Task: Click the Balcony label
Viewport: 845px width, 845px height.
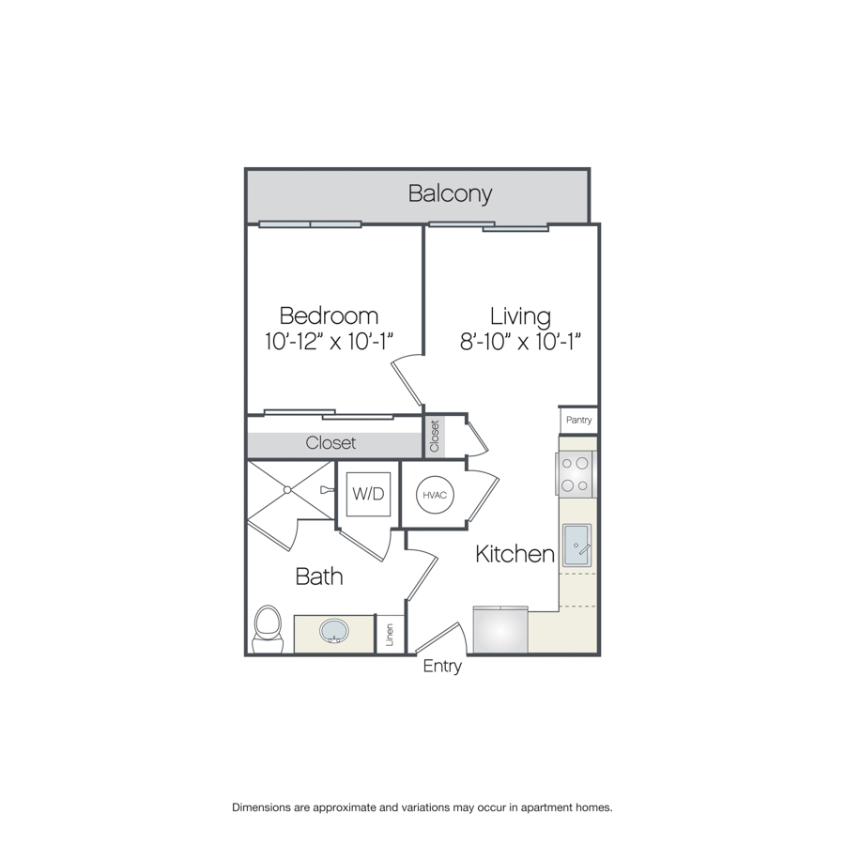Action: [x=450, y=193]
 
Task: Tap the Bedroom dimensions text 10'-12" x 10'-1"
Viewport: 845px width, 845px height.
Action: [x=329, y=341]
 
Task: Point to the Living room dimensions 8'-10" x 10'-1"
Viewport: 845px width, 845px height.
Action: [x=520, y=341]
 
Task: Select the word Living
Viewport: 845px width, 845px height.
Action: [x=520, y=316]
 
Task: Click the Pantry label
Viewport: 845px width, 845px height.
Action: [x=578, y=420]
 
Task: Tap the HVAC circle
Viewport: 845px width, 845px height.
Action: [x=435, y=495]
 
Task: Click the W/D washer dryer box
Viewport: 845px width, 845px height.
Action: [x=369, y=494]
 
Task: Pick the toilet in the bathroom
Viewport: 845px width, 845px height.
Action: [x=268, y=629]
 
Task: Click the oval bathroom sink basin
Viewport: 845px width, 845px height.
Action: [x=334, y=631]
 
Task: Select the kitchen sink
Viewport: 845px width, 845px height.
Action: [x=576, y=545]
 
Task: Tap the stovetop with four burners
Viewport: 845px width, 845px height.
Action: [x=575, y=474]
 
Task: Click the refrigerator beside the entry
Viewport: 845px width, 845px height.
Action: [x=500, y=629]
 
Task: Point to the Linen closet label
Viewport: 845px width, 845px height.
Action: [x=390, y=635]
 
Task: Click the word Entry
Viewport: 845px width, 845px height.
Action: [x=442, y=667]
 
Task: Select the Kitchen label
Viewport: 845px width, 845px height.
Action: [x=515, y=554]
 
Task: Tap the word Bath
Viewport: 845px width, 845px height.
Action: [x=319, y=576]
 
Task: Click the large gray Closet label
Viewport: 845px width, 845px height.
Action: [x=330, y=443]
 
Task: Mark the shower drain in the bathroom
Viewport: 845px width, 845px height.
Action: [x=288, y=490]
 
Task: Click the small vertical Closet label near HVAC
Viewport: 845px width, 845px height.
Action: [x=435, y=436]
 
